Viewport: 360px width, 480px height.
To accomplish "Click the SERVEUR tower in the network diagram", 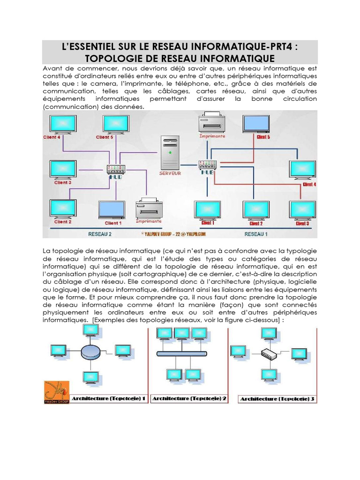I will [170, 153].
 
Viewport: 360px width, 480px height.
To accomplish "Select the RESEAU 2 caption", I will [100, 233].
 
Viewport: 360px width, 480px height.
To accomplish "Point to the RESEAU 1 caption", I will [256, 233].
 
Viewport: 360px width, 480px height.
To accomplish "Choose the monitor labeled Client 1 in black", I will [112, 210].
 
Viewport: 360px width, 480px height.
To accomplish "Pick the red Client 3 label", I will [302, 224].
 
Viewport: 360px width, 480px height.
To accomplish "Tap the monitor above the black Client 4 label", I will [63, 124].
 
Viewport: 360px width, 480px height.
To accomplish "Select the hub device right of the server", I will [207, 165].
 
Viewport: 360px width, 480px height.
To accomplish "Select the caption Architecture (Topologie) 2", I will [189, 399].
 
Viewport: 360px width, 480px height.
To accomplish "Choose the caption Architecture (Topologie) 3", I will [277, 399].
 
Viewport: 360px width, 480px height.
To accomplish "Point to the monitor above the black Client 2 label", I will [63, 209].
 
